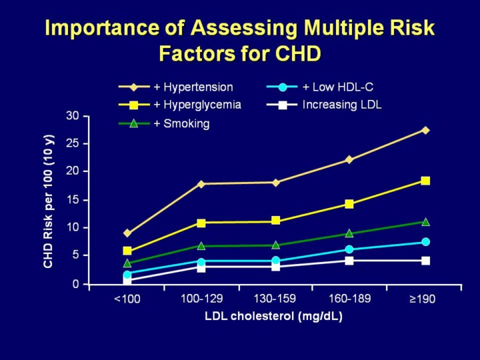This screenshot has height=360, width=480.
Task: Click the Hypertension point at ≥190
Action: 425,130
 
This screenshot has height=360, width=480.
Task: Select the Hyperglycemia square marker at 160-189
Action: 349,204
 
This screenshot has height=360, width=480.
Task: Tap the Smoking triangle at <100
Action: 127,263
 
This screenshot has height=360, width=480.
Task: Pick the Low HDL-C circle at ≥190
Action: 425,242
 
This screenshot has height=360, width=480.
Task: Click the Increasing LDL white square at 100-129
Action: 201,267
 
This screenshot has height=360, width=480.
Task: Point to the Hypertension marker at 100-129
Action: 201,184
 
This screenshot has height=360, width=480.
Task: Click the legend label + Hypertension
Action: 193,87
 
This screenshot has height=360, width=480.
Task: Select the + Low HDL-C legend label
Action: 342,87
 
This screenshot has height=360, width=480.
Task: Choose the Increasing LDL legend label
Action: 342,105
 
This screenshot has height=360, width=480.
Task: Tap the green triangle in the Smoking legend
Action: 134,123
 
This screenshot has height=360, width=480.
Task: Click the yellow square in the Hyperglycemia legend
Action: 134,105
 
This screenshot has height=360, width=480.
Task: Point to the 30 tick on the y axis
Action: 73,116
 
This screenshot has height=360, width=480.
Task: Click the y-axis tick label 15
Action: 73,199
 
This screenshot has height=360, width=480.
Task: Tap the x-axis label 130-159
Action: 275,298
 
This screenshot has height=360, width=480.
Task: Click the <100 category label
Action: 127,299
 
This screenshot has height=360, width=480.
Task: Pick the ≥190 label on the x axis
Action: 422,299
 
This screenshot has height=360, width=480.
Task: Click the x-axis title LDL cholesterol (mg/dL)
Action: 273,316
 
